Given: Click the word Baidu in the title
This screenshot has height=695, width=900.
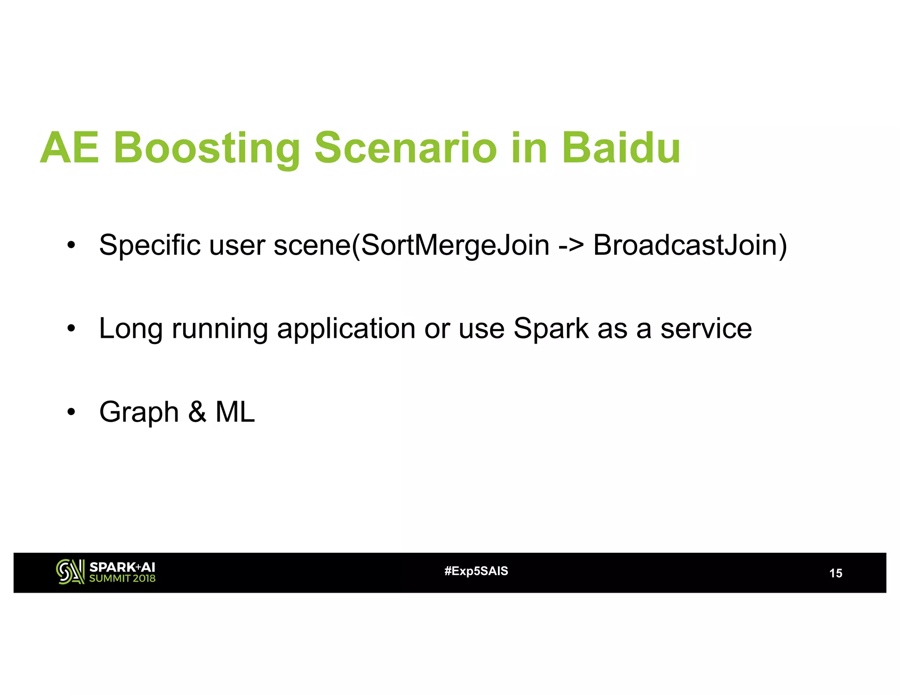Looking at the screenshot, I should [x=621, y=148].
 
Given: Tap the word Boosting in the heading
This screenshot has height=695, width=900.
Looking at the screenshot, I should [x=207, y=149].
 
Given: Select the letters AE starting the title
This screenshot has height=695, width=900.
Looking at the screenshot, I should [x=69, y=148].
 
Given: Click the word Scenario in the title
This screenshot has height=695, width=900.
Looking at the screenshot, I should [x=406, y=148].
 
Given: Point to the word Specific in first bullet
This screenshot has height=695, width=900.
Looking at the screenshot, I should [x=149, y=245].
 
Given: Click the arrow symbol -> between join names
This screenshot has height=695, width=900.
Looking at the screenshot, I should [x=571, y=245].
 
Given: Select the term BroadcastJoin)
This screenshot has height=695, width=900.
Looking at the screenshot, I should [x=690, y=245].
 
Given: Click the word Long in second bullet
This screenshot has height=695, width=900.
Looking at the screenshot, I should [x=131, y=329].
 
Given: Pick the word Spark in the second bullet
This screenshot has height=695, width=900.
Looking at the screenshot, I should [x=551, y=329].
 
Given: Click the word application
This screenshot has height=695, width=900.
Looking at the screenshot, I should [x=346, y=329].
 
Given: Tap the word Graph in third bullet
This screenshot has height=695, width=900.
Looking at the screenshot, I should [x=139, y=413].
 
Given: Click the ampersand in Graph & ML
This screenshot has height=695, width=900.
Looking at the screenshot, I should [x=197, y=412].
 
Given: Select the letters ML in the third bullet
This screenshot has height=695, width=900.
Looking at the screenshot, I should [x=235, y=412].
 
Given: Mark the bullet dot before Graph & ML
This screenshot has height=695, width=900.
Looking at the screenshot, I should [x=71, y=412].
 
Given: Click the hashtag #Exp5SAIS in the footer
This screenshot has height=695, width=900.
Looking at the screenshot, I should [x=476, y=571].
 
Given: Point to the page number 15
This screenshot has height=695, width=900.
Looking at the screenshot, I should [x=835, y=573].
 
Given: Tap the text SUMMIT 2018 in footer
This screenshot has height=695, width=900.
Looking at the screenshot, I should [x=122, y=579].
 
